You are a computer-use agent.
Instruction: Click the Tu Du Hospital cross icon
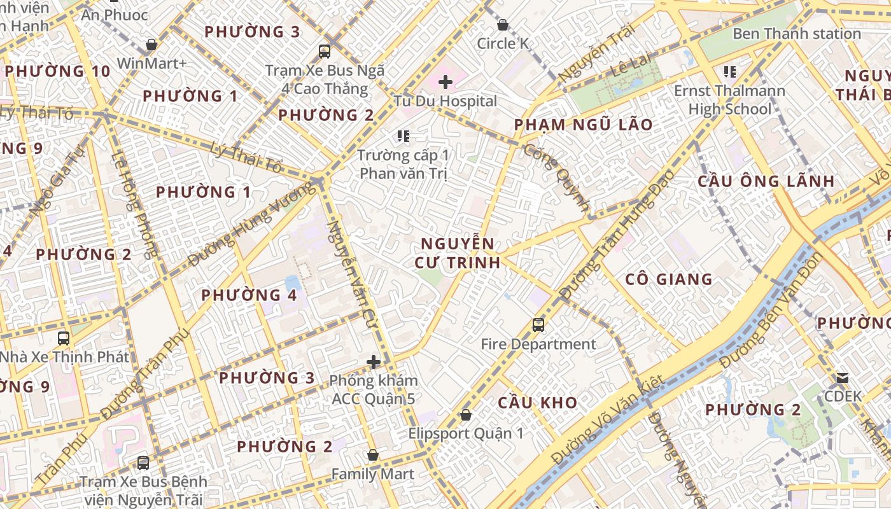pyautogui.click(x=445, y=82)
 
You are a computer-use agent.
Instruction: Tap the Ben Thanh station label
pyautogui.click(x=796, y=34)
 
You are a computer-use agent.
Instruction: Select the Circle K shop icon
pyautogui.click(x=503, y=25)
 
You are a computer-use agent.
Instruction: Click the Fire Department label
pyautogui.click(x=538, y=345)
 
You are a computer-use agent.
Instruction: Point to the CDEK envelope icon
pyautogui.click(x=843, y=378)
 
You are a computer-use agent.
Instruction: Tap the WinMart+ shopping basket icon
pyautogui.click(x=151, y=45)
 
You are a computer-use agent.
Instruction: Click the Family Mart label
pyautogui.click(x=372, y=474)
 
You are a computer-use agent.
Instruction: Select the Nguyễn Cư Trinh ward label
pyautogui.click(x=457, y=253)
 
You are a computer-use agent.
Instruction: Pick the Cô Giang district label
pyautogui.click(x=668, y=279)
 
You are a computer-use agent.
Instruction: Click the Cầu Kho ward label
pyautogui.click(x=537, y=403)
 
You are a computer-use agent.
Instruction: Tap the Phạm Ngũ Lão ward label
pyautogui.click(x=583, y=125)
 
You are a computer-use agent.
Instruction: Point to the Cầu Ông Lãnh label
pyautogui.click(x=766, y=181)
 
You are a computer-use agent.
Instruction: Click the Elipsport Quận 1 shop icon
pyautogui.click(x=466, y=415)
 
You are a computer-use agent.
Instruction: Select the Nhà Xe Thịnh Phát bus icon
pyautogui.click(x=63, y=338)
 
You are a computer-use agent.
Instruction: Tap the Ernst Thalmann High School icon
pyautogui.click(x=729, y=72)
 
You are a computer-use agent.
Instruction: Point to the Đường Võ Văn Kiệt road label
pyautogui.click(x=607, y=419)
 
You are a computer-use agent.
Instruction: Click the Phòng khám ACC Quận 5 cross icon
pyautogui.click(x=374, y=363)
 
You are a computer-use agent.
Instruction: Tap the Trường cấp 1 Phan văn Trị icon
pyautogui.click(x=403, y=136)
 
